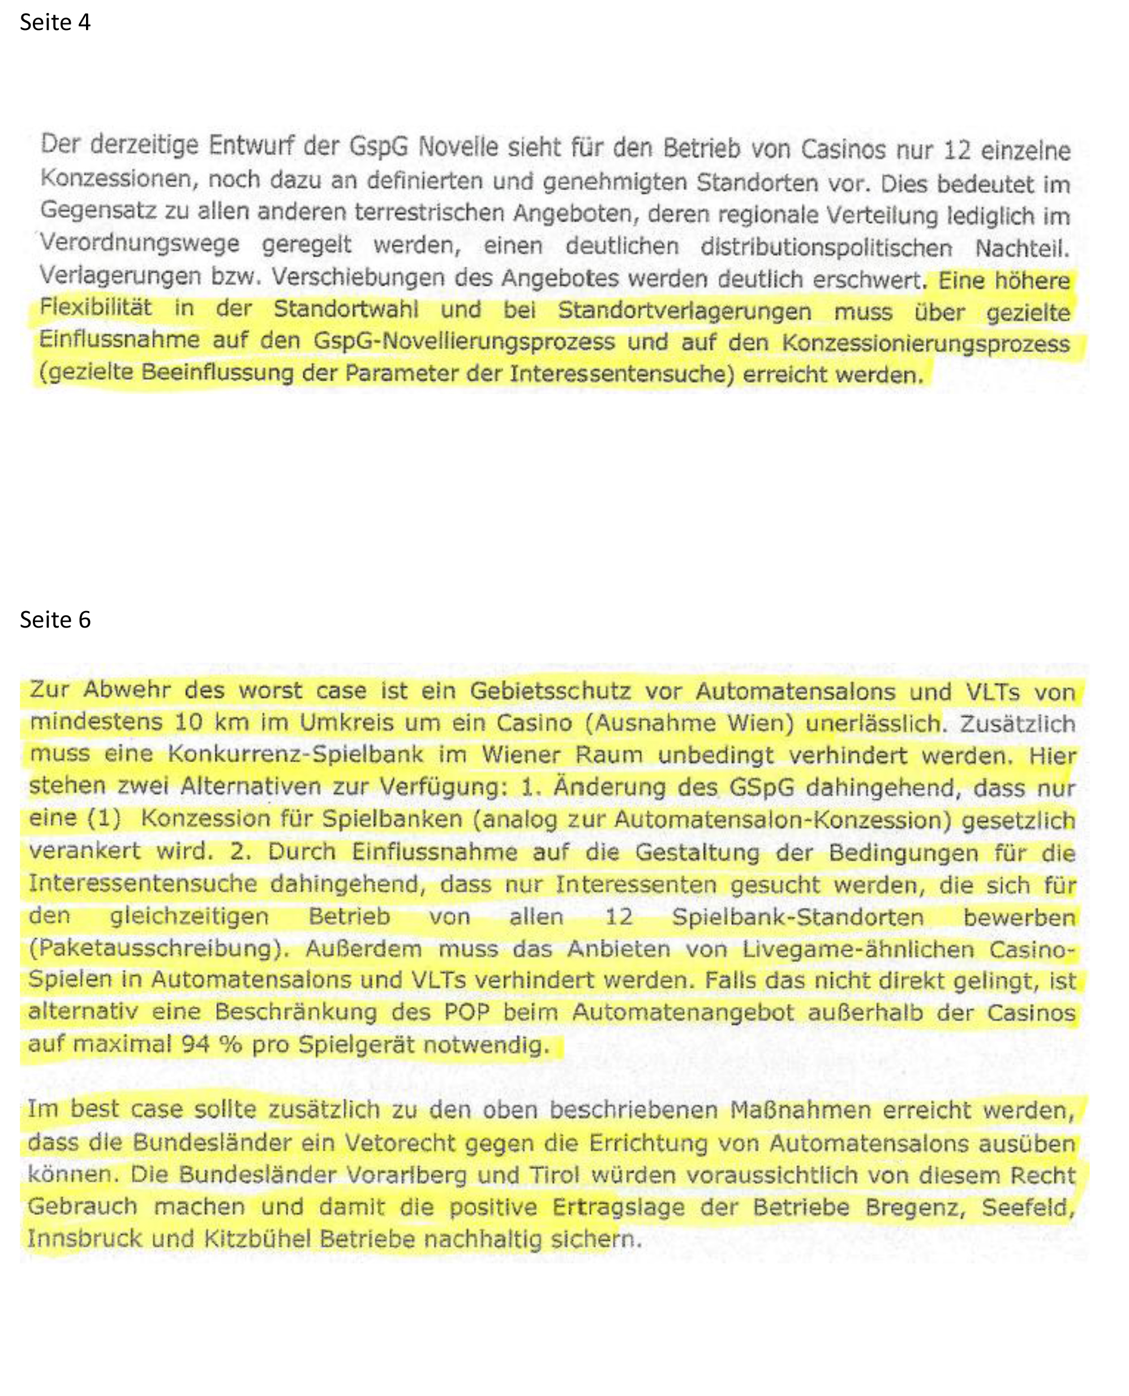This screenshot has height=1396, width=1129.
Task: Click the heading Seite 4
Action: [x=55, y=23]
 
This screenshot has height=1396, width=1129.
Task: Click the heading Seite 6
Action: [x=55, y=620]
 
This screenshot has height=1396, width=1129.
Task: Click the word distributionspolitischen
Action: [x=826, y=248]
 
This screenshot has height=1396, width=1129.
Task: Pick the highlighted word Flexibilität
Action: [x=96, y=307]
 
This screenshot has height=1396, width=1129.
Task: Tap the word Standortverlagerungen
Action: [x=684, y=311]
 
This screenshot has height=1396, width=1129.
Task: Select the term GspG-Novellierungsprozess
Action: [x=463, y=341]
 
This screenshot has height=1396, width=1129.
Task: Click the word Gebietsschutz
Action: [x=550, y=690]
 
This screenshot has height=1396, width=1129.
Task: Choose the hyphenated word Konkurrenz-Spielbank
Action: [x=295, y=754]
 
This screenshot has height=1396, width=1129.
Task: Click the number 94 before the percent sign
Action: [x=196, y=1044]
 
